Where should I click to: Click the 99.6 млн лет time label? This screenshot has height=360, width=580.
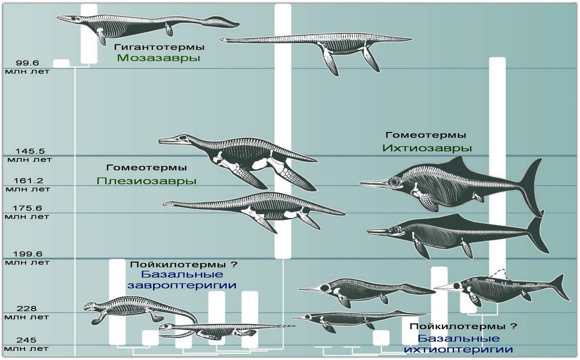click(27, 67)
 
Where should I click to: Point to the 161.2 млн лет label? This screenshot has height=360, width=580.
click(28, 185)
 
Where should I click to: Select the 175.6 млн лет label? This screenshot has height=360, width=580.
click(27, 212)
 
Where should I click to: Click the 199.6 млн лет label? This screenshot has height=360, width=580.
click(28, 258)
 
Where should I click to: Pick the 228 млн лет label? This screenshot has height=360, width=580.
click(26, 313)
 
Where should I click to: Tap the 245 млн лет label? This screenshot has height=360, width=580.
click(26, 344)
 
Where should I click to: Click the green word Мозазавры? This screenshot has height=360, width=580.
click(158, 58)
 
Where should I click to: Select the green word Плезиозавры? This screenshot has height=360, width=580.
click(146, 181)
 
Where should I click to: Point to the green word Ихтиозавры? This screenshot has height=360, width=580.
click(427, 148)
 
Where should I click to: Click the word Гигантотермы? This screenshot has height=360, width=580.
click(159, 47)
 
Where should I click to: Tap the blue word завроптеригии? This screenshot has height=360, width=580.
click(182, 285)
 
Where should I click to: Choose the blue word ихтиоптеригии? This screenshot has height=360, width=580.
click(459, 349)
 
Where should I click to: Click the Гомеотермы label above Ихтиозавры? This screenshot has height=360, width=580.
click(426, 135)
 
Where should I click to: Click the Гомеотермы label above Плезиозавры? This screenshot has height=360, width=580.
click(146, 167)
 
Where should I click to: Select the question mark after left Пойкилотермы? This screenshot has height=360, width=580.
click(234, 265)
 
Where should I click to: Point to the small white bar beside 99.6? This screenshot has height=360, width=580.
click(61, 63)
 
